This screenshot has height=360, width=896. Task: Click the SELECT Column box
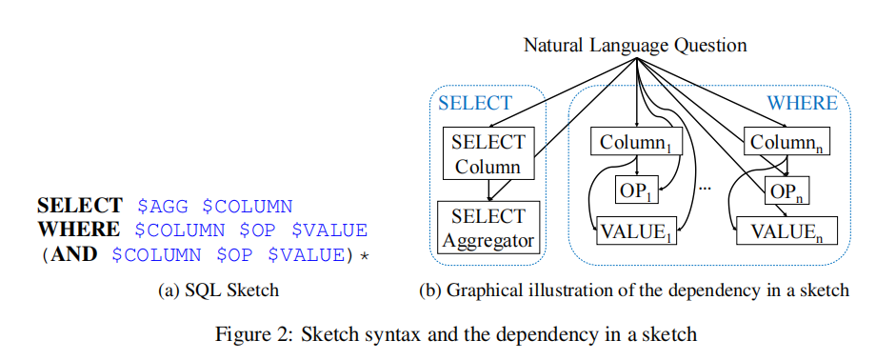[488, 154]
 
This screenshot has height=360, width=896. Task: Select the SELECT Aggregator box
[488, 229]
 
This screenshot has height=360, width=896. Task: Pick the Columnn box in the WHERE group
[785, 144]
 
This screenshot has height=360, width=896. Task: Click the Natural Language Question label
[635, 45]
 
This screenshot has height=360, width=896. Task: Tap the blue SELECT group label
[475, 103]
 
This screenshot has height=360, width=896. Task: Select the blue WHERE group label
[803, 103]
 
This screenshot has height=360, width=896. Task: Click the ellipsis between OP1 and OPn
[706, 190]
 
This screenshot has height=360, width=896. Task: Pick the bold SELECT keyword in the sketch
[80, 206]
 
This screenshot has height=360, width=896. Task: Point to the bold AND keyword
[74, 254]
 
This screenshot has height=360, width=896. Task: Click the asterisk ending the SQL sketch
[362, 256]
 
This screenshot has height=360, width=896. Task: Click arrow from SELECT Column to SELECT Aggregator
[488, 190]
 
